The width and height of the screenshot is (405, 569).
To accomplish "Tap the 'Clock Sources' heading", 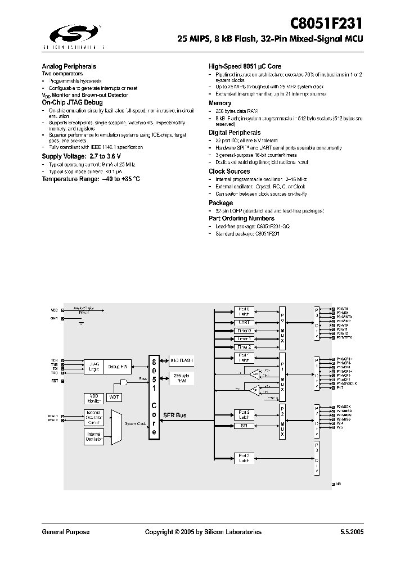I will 229,171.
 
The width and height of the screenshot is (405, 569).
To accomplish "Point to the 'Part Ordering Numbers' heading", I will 241,218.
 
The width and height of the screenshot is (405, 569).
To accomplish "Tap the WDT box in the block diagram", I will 114,397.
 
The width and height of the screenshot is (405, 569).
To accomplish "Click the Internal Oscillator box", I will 93,436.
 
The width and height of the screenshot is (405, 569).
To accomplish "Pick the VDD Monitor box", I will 93,398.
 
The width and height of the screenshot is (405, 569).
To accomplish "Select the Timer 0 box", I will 245,331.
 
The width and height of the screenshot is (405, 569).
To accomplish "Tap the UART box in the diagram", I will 245,322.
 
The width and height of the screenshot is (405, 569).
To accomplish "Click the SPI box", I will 245,426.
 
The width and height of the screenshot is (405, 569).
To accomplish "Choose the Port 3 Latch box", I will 245,458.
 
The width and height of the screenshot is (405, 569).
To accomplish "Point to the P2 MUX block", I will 282,418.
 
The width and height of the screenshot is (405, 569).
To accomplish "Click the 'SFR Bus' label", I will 174,416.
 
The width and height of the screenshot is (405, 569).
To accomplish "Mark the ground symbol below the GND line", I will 81,324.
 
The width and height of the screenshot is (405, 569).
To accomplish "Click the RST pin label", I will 55,381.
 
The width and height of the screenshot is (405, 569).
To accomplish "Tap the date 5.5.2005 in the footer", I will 352,532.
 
